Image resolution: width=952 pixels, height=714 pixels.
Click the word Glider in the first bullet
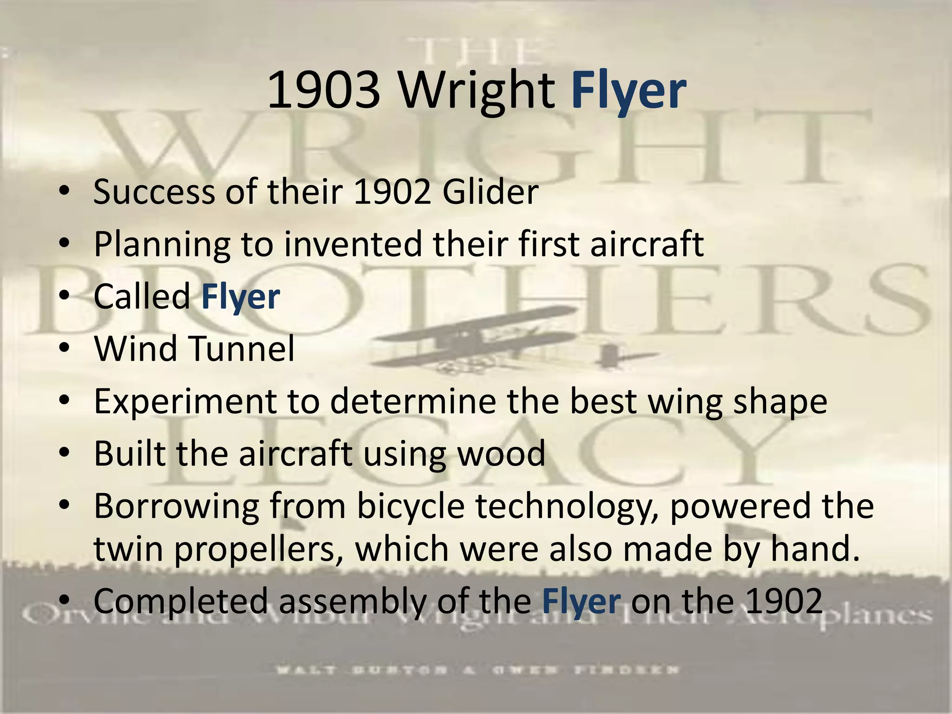tap(490, 192)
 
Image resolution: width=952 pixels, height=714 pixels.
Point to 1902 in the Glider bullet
tap(391, 192)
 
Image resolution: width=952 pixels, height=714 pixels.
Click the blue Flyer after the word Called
tap(240, 297)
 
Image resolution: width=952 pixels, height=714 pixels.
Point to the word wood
tap(502, 453)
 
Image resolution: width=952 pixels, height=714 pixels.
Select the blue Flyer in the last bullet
tap(581, 601)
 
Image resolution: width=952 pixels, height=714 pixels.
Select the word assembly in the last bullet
tap(352, 601)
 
